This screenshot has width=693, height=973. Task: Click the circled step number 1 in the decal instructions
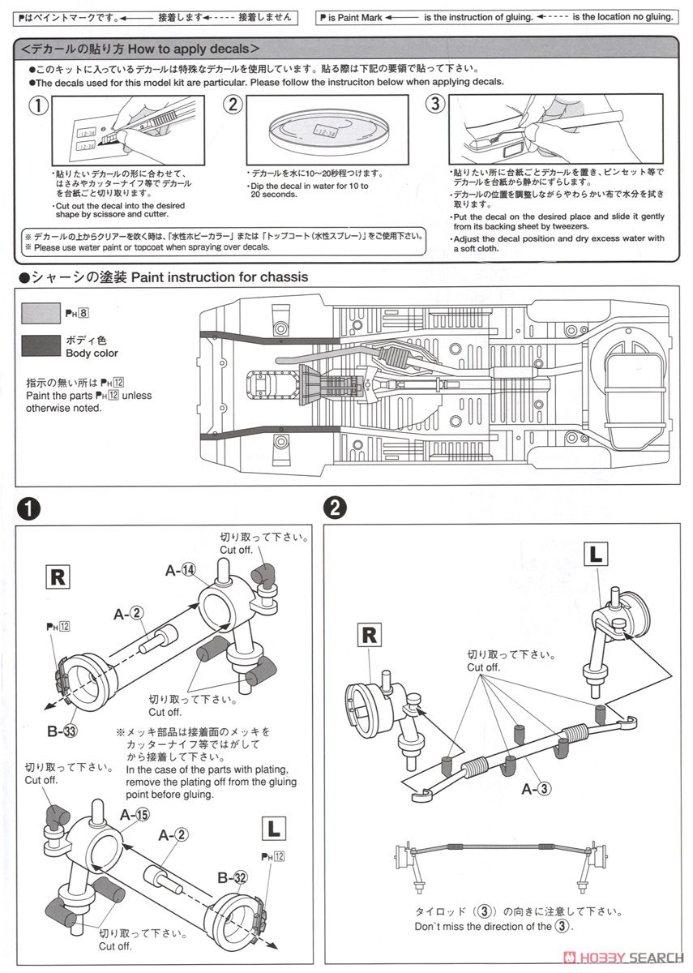38,105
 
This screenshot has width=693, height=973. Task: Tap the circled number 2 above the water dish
233,104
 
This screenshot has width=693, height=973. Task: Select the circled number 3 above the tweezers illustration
435,104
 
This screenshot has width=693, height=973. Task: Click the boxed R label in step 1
58,578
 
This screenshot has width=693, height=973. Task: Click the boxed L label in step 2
596,555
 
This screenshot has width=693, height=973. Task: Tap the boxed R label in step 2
370,635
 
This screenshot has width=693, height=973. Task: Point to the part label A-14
181,571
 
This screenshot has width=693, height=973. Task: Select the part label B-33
62,731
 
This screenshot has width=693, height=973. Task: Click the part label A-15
135,814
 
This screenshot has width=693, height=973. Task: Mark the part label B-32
231,877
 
